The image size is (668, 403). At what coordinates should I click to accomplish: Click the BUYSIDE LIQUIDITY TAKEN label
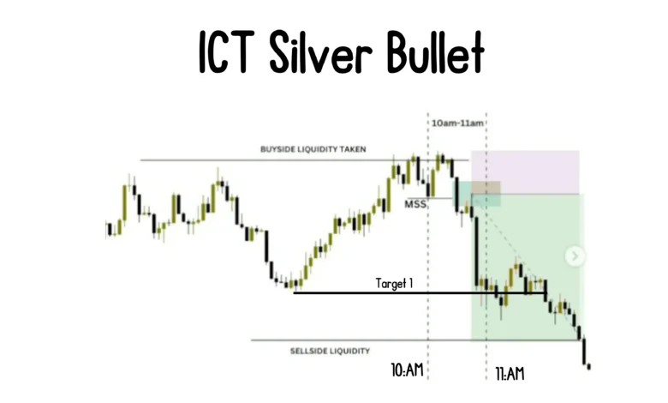pyautogui.click(x=313, y=149)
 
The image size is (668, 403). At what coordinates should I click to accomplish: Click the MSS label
pyautogui.click(x=415, y=204)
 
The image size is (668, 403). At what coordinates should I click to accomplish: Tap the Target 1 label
pyautogui.click(x=395, y=283)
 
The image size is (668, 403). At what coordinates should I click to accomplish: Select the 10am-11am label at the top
pyautogui.click(x=458, y=123)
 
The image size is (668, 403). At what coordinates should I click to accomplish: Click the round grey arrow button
pyautogui.click(x=576, y=256)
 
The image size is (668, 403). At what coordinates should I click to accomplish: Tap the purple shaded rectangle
pyautogui.click(x=531, y=167)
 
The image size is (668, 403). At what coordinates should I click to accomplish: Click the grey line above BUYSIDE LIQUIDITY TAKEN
pyautogui.click(x=257, y=160)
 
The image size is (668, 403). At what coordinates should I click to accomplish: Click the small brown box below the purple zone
pyautogui.click(x=486, y=188)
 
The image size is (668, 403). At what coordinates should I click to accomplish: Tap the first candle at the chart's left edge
pyautogui.click(x=109, y=229)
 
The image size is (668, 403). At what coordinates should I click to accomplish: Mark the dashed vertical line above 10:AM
pyautogui.click(x=427, y=257)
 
